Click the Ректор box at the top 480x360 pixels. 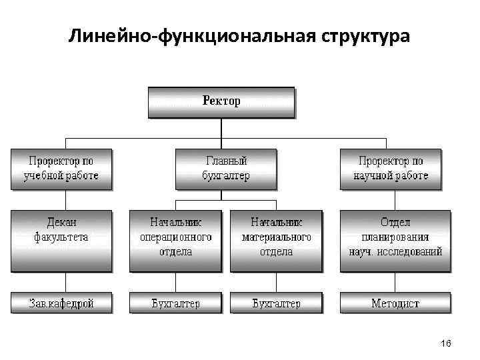(221, 102)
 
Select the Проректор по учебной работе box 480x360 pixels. (61, 169)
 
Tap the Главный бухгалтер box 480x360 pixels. (225, 169)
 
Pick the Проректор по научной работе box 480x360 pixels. (391, 169)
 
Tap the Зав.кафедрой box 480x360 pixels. (61, 303)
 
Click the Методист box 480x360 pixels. (395, 303)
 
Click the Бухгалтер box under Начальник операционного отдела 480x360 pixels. (175, 303)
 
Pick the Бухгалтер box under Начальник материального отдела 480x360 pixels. (276, 303)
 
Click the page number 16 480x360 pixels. (446, 343)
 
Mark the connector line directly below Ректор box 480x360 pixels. (221, 128)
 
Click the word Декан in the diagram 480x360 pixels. (61, 223)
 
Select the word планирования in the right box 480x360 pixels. (395, 237)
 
